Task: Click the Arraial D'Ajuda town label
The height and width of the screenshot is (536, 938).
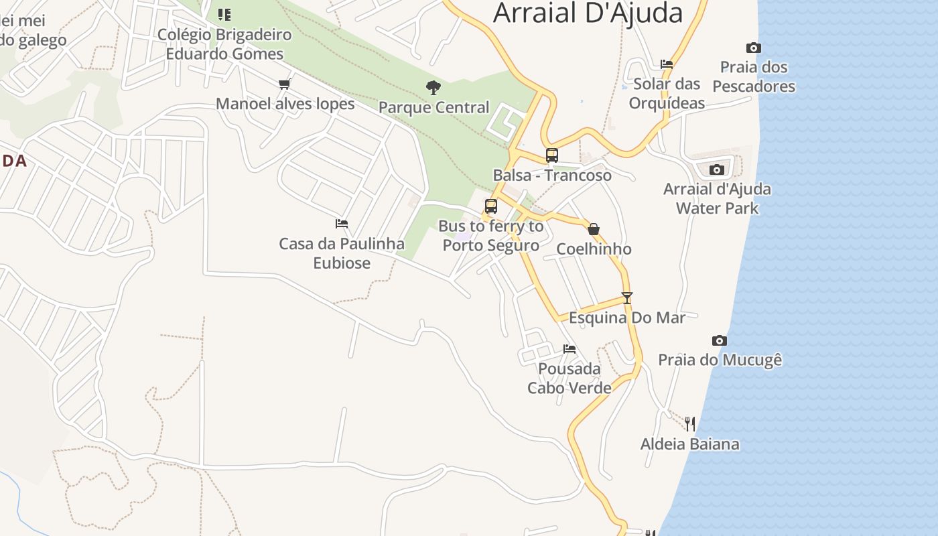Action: pyautogui.click(x=588, y=13)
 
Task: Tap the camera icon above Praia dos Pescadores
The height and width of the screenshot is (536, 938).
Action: pyautogui.click(x=754, y=48)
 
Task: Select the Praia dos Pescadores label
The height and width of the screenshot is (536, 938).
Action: pyautogui.click(x=754, y=76)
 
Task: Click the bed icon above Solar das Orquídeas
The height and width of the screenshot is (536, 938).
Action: pyautogui.click(x=667, y=64)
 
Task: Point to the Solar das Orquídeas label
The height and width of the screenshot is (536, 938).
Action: pyautogui.click(x=667, y=93)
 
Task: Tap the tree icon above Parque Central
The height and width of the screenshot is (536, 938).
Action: pyautogui.click(x=433, y=87)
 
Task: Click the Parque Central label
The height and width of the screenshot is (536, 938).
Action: pyautogui.click(x=433, y=107)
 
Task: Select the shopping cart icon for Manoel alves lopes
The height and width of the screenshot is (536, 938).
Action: pyautogui.click(x=285, y=84)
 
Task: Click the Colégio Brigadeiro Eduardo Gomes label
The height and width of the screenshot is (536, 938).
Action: pyautogui.click(x=224, y=44)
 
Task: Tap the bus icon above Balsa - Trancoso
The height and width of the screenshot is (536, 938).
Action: pyautogui.click(x=552, y=155)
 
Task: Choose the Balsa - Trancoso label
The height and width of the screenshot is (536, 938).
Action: pyautogui.click(x=552, y=176)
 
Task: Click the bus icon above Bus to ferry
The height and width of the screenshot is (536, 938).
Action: pyautogui.click(x=491, y=206)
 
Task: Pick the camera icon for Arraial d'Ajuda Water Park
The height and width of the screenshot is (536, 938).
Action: pyautogui.click(x=717, y=170)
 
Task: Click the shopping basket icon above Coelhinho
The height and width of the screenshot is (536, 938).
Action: pyautogui.click(x=594, y=229)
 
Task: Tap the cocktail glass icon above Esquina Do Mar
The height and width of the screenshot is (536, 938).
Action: pyautogui.click(x=627, y=297)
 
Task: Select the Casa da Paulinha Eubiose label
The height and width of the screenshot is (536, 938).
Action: pyautogui.click(x=342, y=253)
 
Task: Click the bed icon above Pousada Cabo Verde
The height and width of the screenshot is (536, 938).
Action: pyautogui.click(x=569, y=348)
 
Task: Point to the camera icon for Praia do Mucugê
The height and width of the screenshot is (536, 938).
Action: pyautogui.click(x=720, y=340)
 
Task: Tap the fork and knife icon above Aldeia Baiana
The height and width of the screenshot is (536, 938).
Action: pyautogui.click(x=690, y=423)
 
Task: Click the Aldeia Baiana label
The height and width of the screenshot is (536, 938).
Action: pyautogui.click(x=690, y=444)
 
